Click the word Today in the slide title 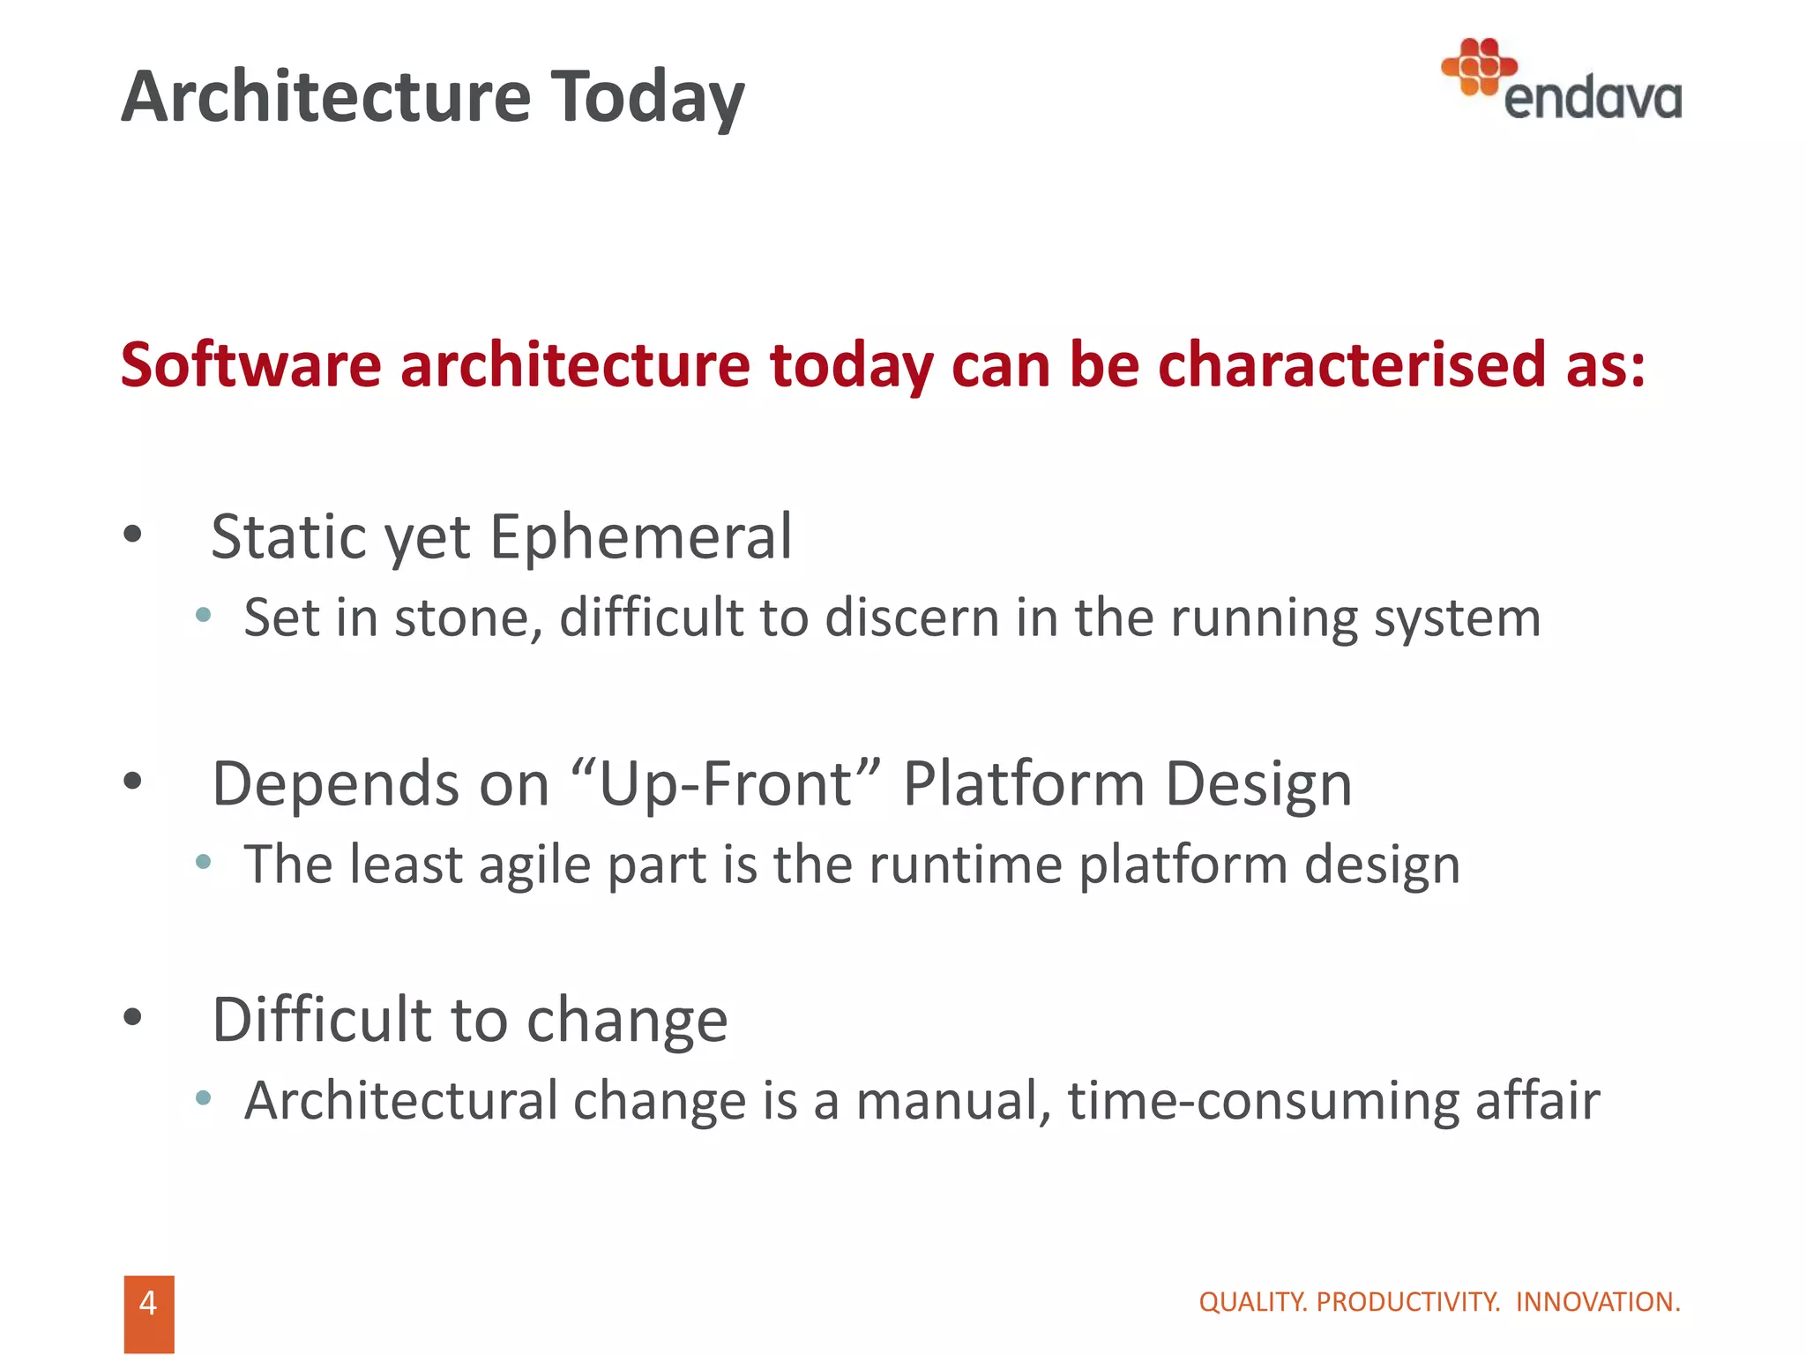pos(647,97)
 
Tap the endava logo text pos(1592,99)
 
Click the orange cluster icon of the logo pos(1478,66)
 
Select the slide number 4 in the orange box pos(148,1303)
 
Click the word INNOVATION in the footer pos(1597,1302)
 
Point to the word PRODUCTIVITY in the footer pos(1407,1302)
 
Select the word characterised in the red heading pos(1350,364)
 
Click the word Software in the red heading pos(250,364)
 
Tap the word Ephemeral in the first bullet pos(640,536)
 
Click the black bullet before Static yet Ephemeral pos(133,534)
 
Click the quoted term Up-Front pos(726,783)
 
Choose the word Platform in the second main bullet pos(1023,783)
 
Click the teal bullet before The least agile pos(204,862)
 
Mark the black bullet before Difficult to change pos(133,1017)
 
